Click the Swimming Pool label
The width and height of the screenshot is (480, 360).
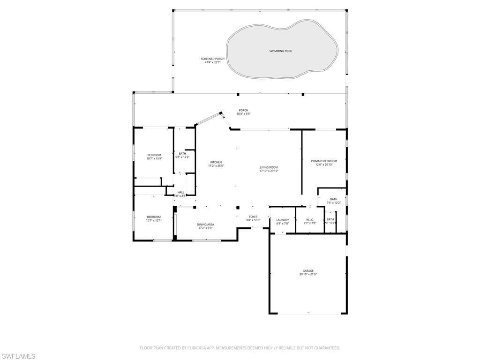(x=281, y=51)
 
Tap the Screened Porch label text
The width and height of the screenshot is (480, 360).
(x=212, y=59)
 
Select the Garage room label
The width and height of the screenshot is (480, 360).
(x=308, y=270)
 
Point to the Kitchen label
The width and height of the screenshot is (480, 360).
(x=216, y=162)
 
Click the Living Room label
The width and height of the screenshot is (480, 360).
(x=269, y=167)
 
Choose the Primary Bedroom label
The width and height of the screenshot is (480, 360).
(x=324, y=161)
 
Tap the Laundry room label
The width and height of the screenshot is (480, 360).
(x=283, y=219)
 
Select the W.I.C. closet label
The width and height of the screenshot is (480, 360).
(x=310, y=219)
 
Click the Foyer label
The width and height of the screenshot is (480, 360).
(x=253, y=217)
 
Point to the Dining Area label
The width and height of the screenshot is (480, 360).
(x=205, y=225)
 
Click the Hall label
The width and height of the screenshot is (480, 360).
(x=180, y=192)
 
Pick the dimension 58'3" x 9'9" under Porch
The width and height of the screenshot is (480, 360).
(x=243, y=114)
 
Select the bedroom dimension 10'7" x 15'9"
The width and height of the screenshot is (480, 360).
(x=154, y=158)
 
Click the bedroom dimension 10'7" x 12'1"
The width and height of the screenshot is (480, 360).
(x=153, y=220)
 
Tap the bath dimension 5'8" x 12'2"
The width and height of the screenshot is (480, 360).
(x=182, y=157)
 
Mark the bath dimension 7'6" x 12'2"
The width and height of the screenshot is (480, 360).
(x=333, y=202)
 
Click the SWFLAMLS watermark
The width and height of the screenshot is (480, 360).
(x=18, y=356)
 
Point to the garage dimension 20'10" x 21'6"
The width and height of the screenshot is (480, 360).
(x=308, y=274)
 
